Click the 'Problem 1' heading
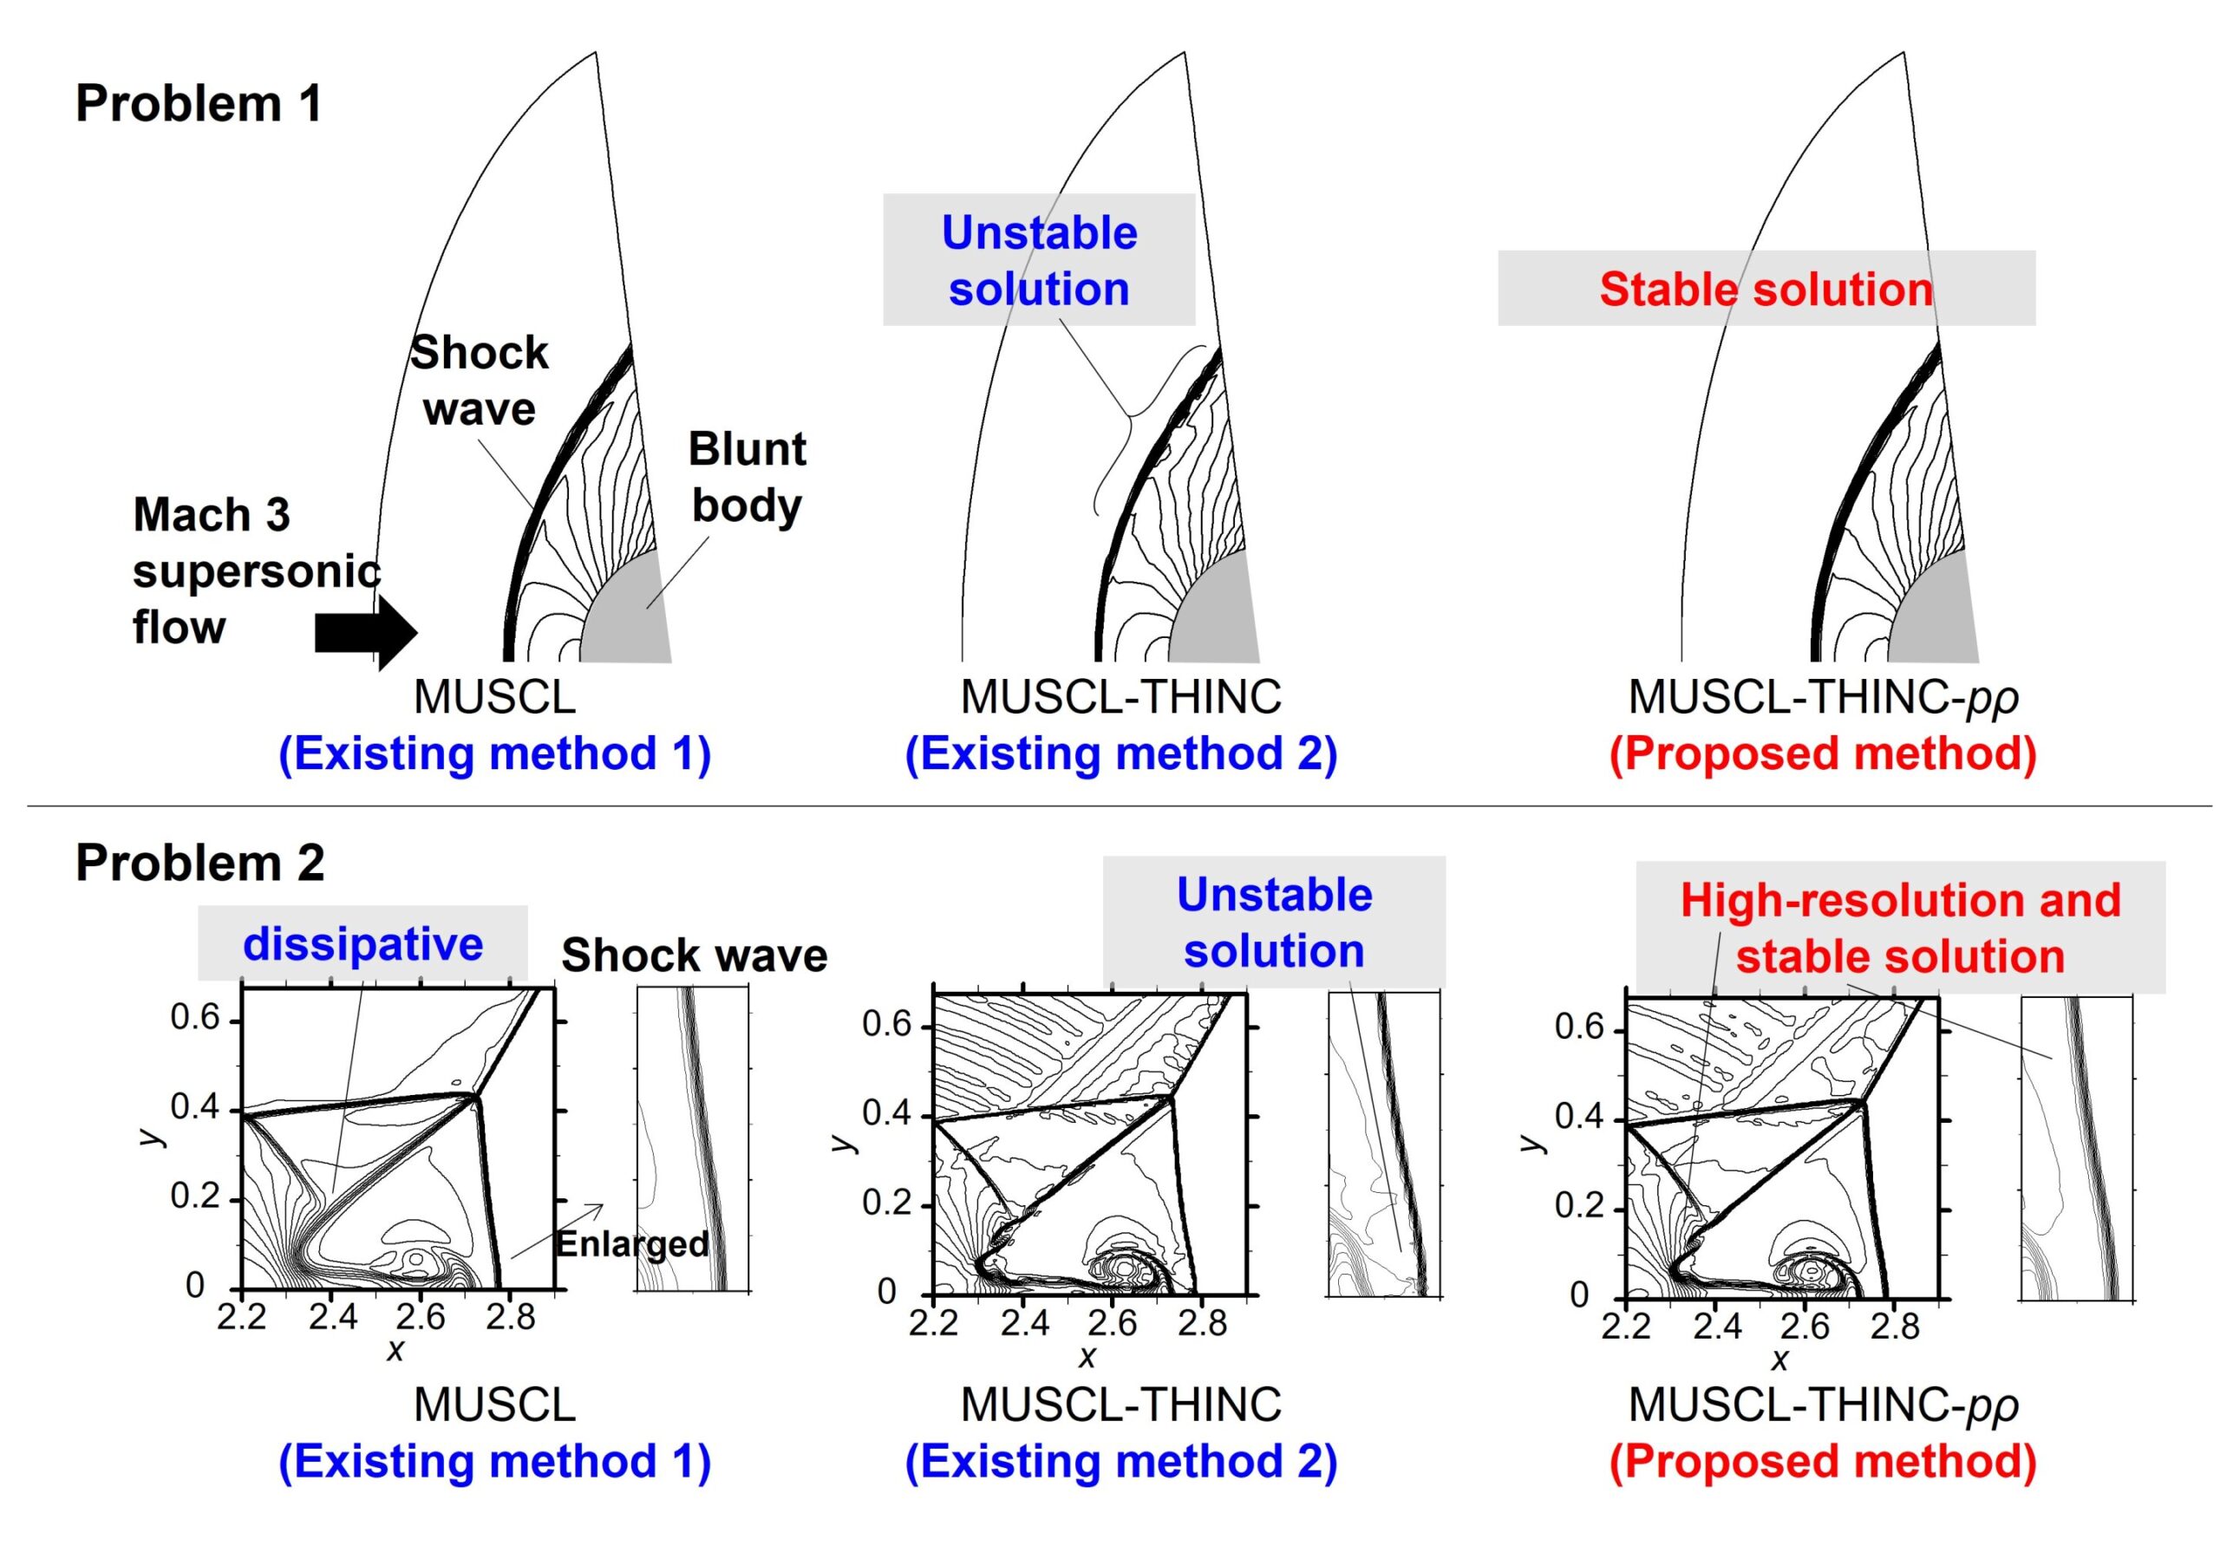[199, 103]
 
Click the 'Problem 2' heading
[200, 863]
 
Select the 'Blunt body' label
[747, 477]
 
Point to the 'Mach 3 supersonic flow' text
[255, 571]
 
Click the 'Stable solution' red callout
[1766, 289]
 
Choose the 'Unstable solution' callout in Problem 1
[1040, 260]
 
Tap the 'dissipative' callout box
[362, 943]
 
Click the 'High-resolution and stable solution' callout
[1900, 929]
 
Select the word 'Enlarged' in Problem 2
[632, 1243]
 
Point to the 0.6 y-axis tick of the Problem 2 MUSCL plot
[195, 1018]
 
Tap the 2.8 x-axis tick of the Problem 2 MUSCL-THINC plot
[1202, 1323]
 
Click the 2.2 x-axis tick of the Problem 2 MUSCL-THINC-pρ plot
[1625, 1326]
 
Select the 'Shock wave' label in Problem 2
[695, 955]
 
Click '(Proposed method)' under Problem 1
[1823, 753]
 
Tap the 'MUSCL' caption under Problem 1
[494, 696]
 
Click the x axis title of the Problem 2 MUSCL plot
[395, 1350]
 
